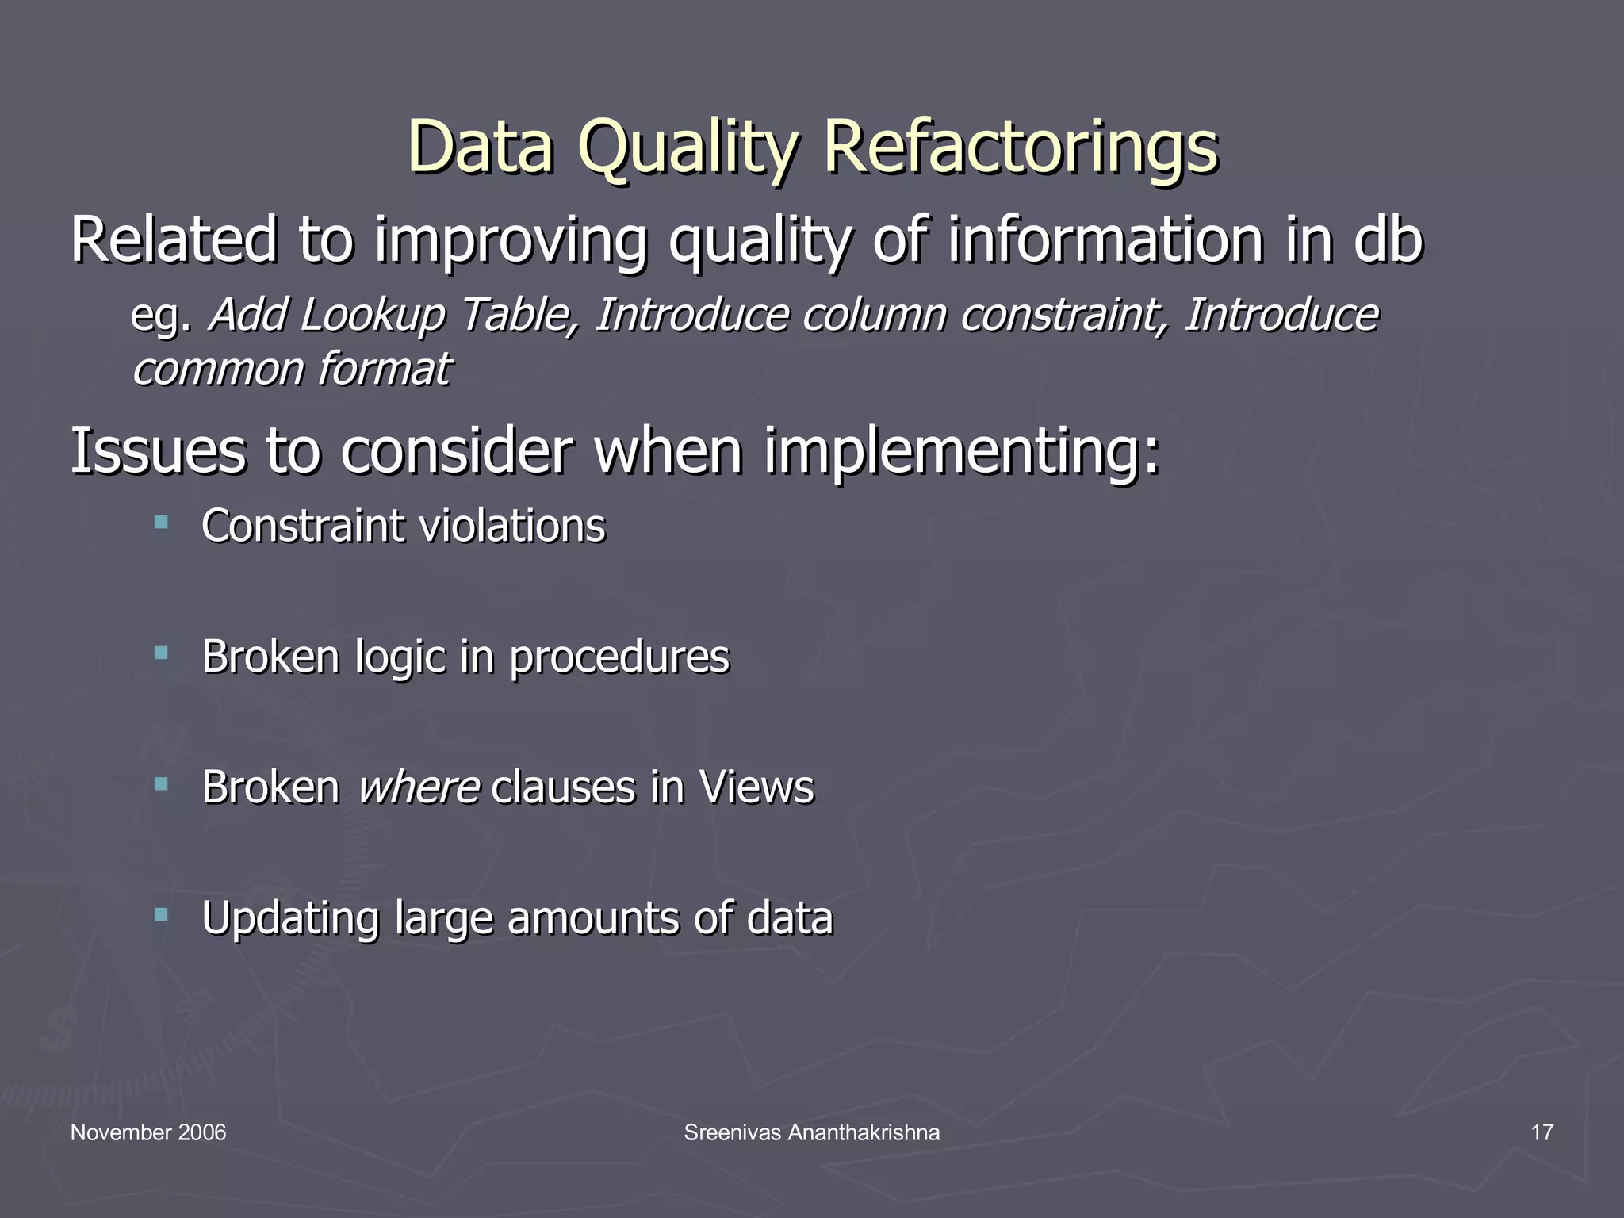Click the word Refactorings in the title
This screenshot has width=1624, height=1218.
(x=1020, y=147)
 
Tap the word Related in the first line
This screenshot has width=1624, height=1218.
(x=174, y=239)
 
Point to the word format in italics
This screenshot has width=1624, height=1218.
(x=384, y=370)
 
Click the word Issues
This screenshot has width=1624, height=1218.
(x=158, y=450)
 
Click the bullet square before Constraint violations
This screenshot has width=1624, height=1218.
(x=162, y=523)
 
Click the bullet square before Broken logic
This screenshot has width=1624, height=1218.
(x=162, y=653)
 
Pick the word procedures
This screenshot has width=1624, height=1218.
(x=619, y=657)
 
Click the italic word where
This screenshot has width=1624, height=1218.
(x=419, y=787)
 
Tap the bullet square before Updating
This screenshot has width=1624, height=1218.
(x=162, y=915)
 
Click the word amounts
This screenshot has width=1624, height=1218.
(x=593, y=918)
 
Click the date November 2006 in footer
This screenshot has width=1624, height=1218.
(x=148, y=1132)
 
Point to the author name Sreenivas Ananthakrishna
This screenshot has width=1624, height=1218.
(x=811, y=1132)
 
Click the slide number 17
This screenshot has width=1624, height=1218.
(x=1542, y=1132)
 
